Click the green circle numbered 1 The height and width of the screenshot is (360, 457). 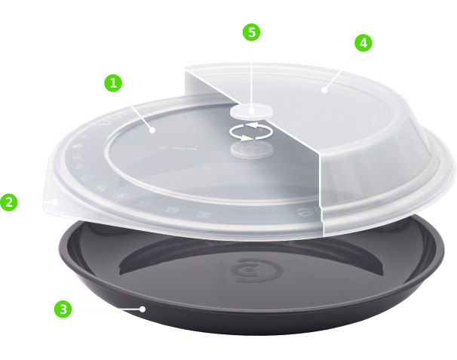point(113,83)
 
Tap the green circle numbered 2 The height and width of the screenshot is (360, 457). point(9,202)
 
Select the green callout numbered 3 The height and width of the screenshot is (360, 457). point(63,309)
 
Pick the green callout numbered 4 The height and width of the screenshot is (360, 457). point(363,43)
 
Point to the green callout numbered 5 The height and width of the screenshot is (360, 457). point(251,32)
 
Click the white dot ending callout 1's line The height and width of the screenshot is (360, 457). point(152,130)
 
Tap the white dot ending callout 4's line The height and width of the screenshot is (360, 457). point(324,90)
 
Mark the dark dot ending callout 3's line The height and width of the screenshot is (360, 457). point(143,309)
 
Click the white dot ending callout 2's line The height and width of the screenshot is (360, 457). point(54,202)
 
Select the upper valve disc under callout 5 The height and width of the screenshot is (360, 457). point(252,112)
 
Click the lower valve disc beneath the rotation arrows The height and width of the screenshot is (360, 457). point(252,149)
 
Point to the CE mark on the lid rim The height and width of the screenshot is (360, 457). point(75,156)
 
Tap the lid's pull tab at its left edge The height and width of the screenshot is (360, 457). point(53,202)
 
